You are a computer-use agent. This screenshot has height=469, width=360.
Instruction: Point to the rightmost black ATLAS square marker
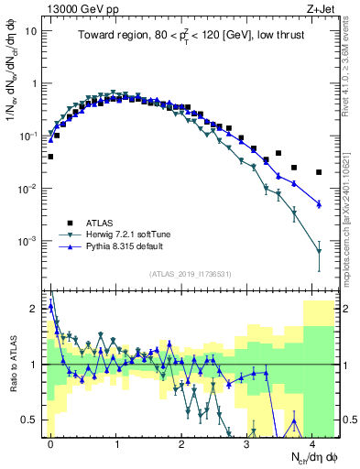click(x=319, y=172)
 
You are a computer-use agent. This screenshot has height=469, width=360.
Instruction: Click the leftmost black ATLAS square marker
click(x=50, y=157)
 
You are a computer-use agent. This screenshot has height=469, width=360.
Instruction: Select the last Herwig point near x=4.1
click(x=319, y=251)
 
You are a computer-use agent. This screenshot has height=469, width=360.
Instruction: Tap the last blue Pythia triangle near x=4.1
click(x=319, y=203)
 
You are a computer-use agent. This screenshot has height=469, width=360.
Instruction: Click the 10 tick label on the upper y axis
click(x=31, y=30)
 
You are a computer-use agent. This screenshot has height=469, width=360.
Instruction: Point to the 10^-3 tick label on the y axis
click(x=27, y=242)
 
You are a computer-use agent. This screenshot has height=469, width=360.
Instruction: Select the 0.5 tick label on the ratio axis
click(x=29, y=420)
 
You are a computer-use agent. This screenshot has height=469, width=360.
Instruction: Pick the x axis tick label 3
click(x=246, y=442)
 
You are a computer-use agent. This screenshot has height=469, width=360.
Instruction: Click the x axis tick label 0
click(x=50, y=442)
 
